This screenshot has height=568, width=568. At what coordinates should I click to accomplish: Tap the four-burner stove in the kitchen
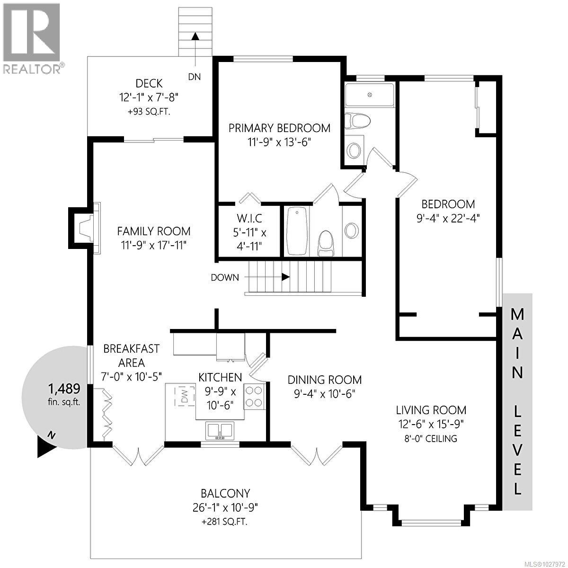pyautogui.click(x=254, y=397)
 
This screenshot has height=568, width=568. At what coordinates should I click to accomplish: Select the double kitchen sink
pyautogui.click(x=219, y=431)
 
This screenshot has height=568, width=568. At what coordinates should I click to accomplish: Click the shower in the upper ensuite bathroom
pyautogui.click(x=369, y=95)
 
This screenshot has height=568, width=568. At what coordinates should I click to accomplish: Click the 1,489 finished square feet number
pyautogui.click(x=64, y=389)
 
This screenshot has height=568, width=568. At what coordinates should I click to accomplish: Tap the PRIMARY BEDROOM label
pyautogui.click(x=279, y=128)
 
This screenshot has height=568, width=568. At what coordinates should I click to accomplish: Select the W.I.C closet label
pyautogui.click(x=249, y=219)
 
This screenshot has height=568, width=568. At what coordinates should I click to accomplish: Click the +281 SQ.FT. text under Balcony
pyautogui.click(x=225, y=522)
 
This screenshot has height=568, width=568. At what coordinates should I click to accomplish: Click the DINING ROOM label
pyautogui.click(x=325, y=380)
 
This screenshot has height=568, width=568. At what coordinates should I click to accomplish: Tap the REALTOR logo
pyautogui.click(x=32, y=38)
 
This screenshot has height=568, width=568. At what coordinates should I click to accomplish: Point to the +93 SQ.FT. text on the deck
pyautogui.click(x=149, y=112)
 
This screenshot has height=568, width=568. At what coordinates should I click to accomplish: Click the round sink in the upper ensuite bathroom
pyautogui.click(x=354, y=151)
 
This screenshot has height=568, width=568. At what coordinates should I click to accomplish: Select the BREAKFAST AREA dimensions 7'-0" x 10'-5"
pyautogui.click(x=132, y=375)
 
